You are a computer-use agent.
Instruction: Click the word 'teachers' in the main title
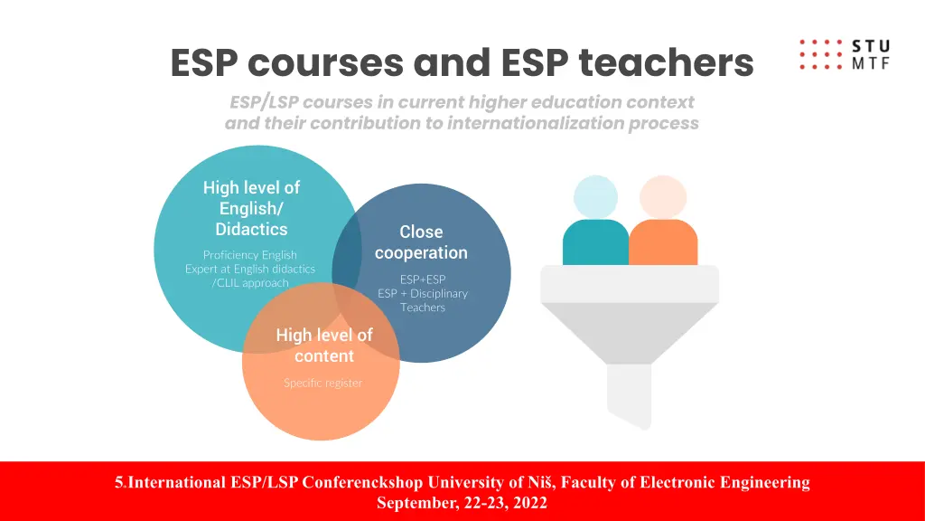click(x=666, y=62)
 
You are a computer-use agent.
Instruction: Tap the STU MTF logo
click(x=845, y=54)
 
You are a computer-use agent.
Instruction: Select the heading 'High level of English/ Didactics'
click(x=251, y=208)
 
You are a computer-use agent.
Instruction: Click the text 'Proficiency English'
click(x=250, y=255)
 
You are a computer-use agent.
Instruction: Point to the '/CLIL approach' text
click(x=250, y=283)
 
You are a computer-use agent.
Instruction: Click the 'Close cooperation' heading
click(x=421, y=242)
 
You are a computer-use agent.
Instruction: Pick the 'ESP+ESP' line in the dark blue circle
click(x=423, y=279)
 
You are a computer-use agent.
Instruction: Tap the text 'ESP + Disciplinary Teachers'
click(x=423, y=300)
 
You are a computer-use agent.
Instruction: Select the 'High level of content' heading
click(x=323, y=346)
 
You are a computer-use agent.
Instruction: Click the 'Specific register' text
click(x=322, y=383)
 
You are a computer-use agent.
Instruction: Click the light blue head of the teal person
click(x=595, y=197)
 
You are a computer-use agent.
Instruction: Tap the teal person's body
click(x=595, y=242)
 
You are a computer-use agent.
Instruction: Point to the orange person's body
click(x=663, y=242)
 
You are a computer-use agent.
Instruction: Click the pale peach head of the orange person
click(x=663, y=197)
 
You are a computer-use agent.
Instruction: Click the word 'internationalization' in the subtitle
click(x=536, y=123)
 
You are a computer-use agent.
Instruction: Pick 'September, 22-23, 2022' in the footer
click(x=462, y=503)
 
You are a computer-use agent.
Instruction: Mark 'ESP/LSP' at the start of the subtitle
click(x=264, y=101)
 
